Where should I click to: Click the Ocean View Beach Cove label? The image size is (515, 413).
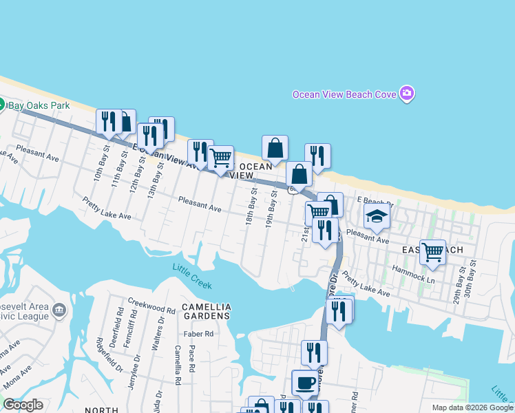click(344, 94)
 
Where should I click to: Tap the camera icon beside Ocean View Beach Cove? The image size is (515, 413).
click(407, 94)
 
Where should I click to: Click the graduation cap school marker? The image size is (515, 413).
click(377, 217)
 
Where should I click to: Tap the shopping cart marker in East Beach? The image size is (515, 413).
click(432, 252)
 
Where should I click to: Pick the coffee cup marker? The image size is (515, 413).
click(305, 383)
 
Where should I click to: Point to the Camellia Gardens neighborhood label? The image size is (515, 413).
click(206, 310)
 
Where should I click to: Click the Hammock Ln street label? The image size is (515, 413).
click(413, 275)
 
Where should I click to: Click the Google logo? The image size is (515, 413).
click(23, 405)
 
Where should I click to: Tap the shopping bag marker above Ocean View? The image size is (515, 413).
click(275, 149)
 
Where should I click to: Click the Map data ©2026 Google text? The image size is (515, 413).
click(472, 407)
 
